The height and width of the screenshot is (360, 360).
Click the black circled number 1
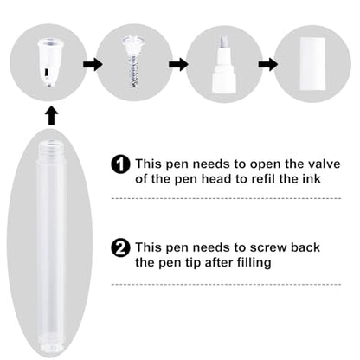point(120,164)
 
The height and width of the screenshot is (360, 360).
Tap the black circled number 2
point(120,247)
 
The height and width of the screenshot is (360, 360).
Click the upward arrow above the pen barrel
point(51,116)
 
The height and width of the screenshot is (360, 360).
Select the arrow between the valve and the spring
point(93,64)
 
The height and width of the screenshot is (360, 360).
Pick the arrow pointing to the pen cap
point(268,64)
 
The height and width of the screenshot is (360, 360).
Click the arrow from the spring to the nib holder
point(178,64)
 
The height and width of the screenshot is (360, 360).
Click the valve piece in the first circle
point(48,62)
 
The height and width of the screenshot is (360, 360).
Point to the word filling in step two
point(254,263)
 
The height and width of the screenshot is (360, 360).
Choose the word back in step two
point(305,247)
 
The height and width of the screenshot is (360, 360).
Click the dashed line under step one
point(226,198)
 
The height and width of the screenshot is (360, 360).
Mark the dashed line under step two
point(226,284)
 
